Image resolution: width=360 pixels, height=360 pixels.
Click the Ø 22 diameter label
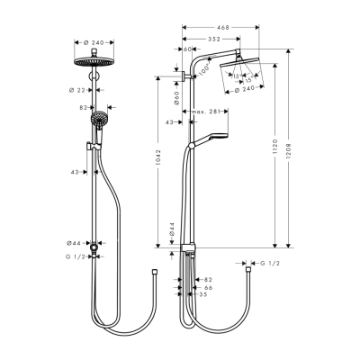[x=76, y=89]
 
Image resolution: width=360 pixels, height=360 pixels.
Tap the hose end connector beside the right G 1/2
[x=247, y=265]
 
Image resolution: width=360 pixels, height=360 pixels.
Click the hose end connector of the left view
[x=157, y=268]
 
